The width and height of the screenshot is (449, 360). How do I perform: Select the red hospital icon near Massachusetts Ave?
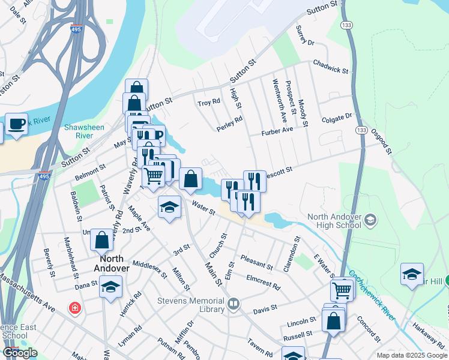click(x=75, y=308)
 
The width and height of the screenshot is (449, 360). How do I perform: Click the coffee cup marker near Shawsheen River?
click(x=16, y=124)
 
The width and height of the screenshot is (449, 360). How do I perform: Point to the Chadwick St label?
click(x=330, y=67)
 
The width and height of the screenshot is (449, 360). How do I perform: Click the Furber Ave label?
click(x=277, y=130)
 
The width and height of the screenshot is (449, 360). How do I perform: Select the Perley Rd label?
click(x=229, y=124)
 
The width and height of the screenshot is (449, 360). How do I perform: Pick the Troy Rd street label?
click(x=209, y=103)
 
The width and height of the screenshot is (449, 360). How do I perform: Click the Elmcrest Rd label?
click(x=264, y=282)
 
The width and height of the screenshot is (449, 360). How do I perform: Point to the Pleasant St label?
click(x=256, y=262)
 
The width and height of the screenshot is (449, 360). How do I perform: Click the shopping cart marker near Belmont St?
click(x=153, y=175)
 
